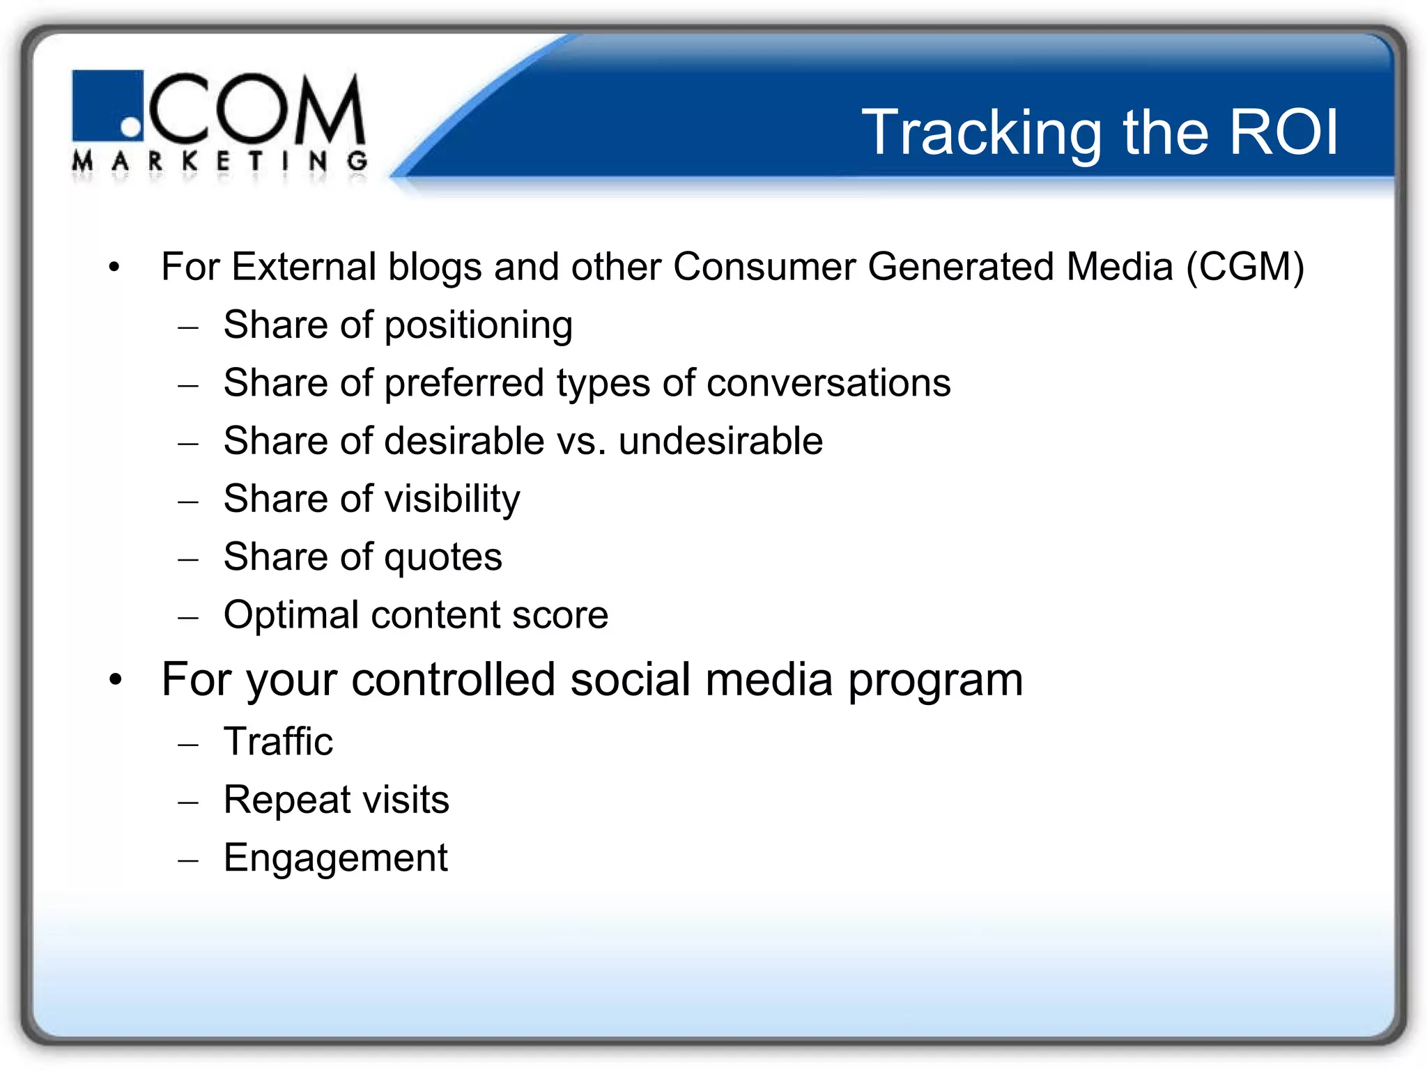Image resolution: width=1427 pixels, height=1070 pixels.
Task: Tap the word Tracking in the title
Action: (x=982, y=134)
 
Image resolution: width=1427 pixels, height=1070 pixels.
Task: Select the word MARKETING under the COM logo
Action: (x=220, y=162)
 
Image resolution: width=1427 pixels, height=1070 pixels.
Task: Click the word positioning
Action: (x=478, y=326)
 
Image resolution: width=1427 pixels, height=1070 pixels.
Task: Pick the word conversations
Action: (x=828, y=383)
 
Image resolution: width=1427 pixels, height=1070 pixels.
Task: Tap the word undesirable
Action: (x=720, y=441)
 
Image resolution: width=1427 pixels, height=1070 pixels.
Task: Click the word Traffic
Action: (x=278, y=741)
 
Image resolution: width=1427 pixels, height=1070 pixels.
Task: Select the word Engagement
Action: (x=335, y=858)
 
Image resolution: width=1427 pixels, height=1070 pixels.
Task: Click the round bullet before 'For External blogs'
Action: (x=114, y=267)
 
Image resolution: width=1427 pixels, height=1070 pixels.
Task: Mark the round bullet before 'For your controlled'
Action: (x=116, y=680)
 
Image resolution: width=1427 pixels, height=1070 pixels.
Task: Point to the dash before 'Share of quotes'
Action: (x=188, y=559)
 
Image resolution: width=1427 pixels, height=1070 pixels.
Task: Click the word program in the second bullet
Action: (x=935, y=681)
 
